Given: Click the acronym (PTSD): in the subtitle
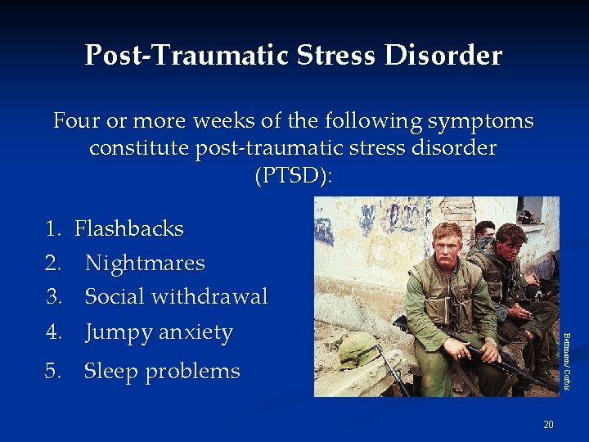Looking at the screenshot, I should (294, 176).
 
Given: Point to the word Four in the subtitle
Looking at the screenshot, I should (77, 122).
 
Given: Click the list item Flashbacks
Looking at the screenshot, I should (129, 228).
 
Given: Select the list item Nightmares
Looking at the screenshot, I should (145, 263).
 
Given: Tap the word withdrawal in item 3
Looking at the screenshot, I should (217, 296).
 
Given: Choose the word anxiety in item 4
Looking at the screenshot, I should (196, 333).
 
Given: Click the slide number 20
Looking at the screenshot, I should (548, 424).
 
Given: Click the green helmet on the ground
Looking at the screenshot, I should (357, 350).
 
